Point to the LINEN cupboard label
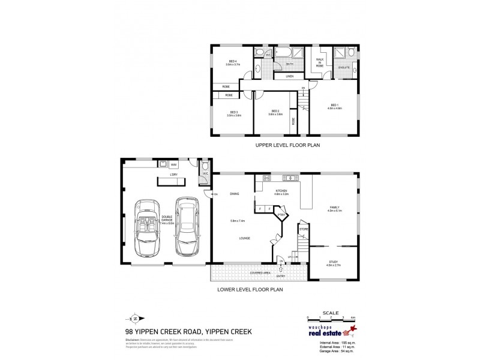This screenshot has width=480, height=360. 289,76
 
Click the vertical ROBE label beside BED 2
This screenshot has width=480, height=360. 293,121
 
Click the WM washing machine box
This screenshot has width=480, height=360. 173,164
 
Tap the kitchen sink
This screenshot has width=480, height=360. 289,178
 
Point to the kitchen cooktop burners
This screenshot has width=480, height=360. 266,178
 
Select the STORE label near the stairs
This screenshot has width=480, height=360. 304,229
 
